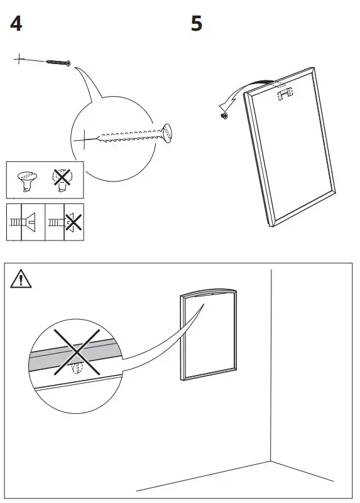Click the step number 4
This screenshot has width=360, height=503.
coord(16,25)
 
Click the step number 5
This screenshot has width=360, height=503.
coord(197,25)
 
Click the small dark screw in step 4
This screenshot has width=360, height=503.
coord(58,62)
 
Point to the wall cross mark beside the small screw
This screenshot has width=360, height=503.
coord(19,60)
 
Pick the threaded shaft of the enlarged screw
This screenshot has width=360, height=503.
coord(129,135)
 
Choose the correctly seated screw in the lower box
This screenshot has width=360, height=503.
coord(24,222)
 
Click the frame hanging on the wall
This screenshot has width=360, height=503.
coord(207,333)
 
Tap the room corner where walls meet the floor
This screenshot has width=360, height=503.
coord(271,461)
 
